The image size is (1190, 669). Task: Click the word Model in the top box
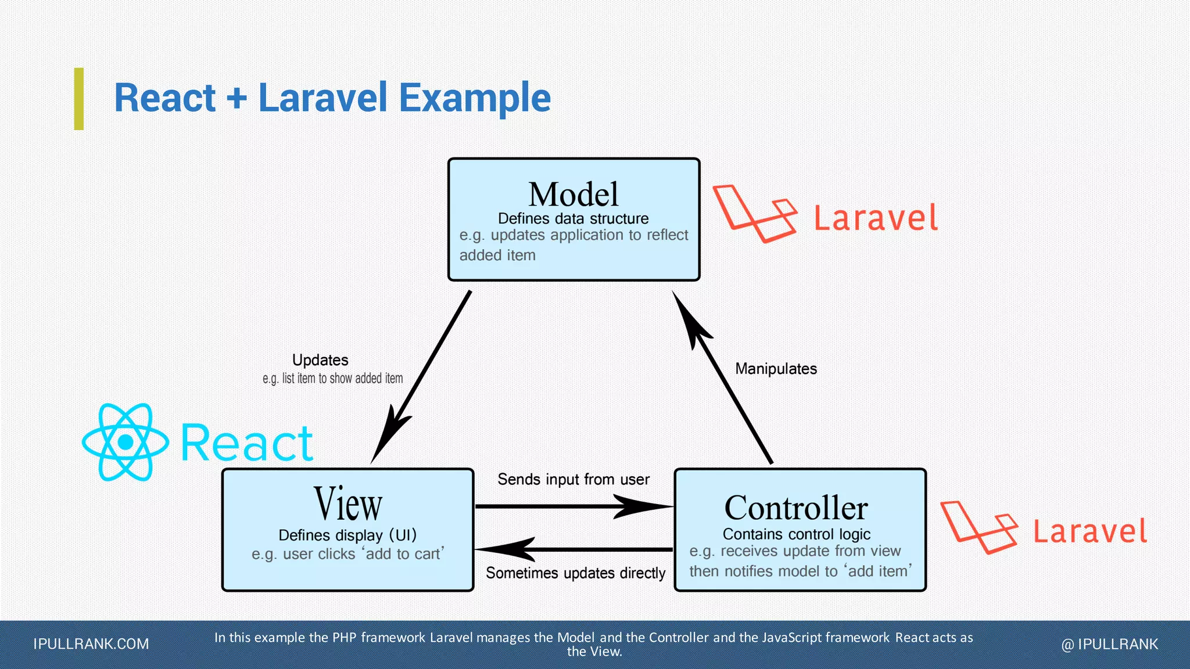(x=573, y=195)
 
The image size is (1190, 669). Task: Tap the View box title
(x=347, y=504)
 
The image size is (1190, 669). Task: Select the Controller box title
(x=795, y=508)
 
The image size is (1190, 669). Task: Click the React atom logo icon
(x=126, y=443)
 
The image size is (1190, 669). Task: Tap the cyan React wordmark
(x=247, y=444)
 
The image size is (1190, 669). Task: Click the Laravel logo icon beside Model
(x=754, y=213)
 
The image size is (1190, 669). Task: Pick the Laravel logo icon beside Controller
(x=978, y=527)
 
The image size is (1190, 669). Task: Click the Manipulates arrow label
(x=776, y=369)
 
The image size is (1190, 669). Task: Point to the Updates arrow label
(x=320, y=360)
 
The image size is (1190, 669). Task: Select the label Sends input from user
(x=573, y=480)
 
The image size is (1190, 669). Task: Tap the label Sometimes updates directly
(x=575, y=573)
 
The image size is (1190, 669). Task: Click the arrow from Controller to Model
(x=723, y=377)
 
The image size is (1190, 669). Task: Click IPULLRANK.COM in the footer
(x=91, y=644)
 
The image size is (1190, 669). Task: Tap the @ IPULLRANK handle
(x=1109, y=644)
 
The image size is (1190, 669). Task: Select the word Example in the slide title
(x=475, y=98)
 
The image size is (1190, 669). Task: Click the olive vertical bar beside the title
(x=79, y=99)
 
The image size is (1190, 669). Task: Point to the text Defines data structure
(x=573, y=219)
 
